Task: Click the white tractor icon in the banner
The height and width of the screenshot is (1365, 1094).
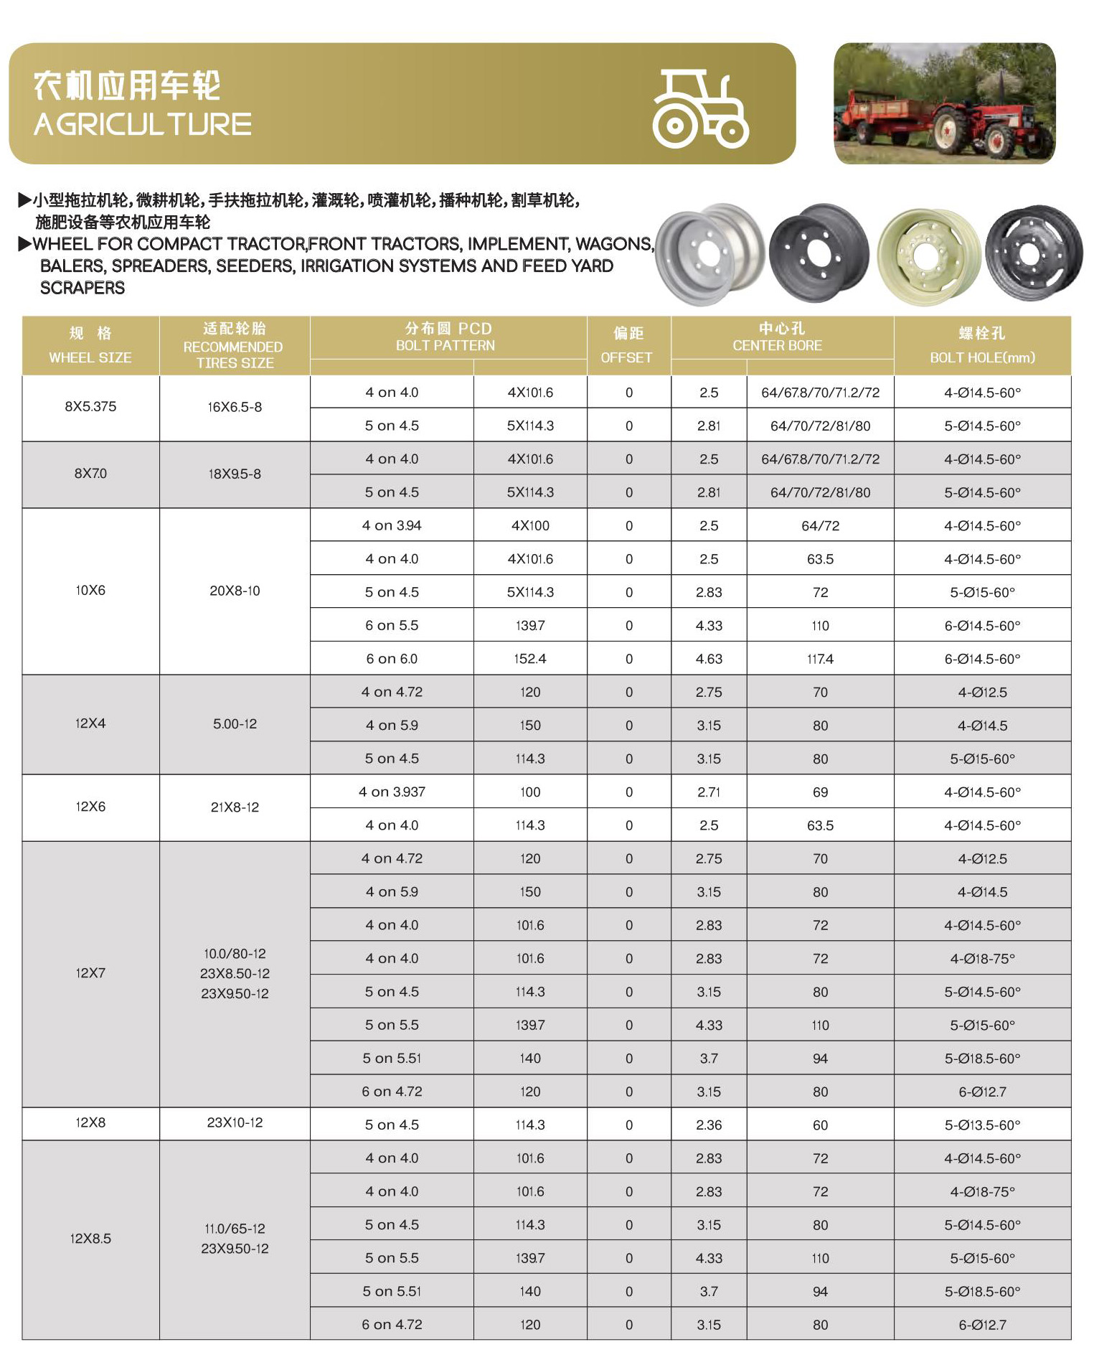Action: pos(700,109)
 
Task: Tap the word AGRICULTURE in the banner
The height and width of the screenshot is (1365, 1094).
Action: pos(143,125)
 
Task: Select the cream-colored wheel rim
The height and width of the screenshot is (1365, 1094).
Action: pos(928,256)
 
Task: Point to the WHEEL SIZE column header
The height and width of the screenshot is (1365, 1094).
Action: pos(90,357)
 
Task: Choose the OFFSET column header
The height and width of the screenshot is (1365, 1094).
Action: pos(627,357)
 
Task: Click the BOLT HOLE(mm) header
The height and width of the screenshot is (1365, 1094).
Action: pos(982,357)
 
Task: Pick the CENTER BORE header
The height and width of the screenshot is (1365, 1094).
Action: pos(778,345)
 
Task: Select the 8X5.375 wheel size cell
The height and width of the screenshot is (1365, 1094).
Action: pos(90,406)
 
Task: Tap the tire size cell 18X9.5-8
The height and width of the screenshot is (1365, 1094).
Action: pos(235,474)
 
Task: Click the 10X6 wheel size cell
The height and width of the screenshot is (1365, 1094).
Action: pos(90,591)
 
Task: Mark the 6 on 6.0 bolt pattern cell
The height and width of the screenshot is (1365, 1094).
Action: pos(392,659)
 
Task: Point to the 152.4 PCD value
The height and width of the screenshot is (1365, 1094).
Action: pos(530,659)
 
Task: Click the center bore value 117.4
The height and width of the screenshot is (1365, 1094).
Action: pos(820,659)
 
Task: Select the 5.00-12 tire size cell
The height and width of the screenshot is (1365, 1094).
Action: pos(235,724)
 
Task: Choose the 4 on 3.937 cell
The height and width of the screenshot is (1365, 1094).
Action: pos(392,792)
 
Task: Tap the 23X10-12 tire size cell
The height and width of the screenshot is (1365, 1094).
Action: pos(235,1122)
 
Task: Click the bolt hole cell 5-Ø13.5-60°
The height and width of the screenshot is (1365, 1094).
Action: pos(982,1125)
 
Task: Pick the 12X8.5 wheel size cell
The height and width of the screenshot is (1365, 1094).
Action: pos(90,1239)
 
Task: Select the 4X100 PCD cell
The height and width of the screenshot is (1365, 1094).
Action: pos(530,525)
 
